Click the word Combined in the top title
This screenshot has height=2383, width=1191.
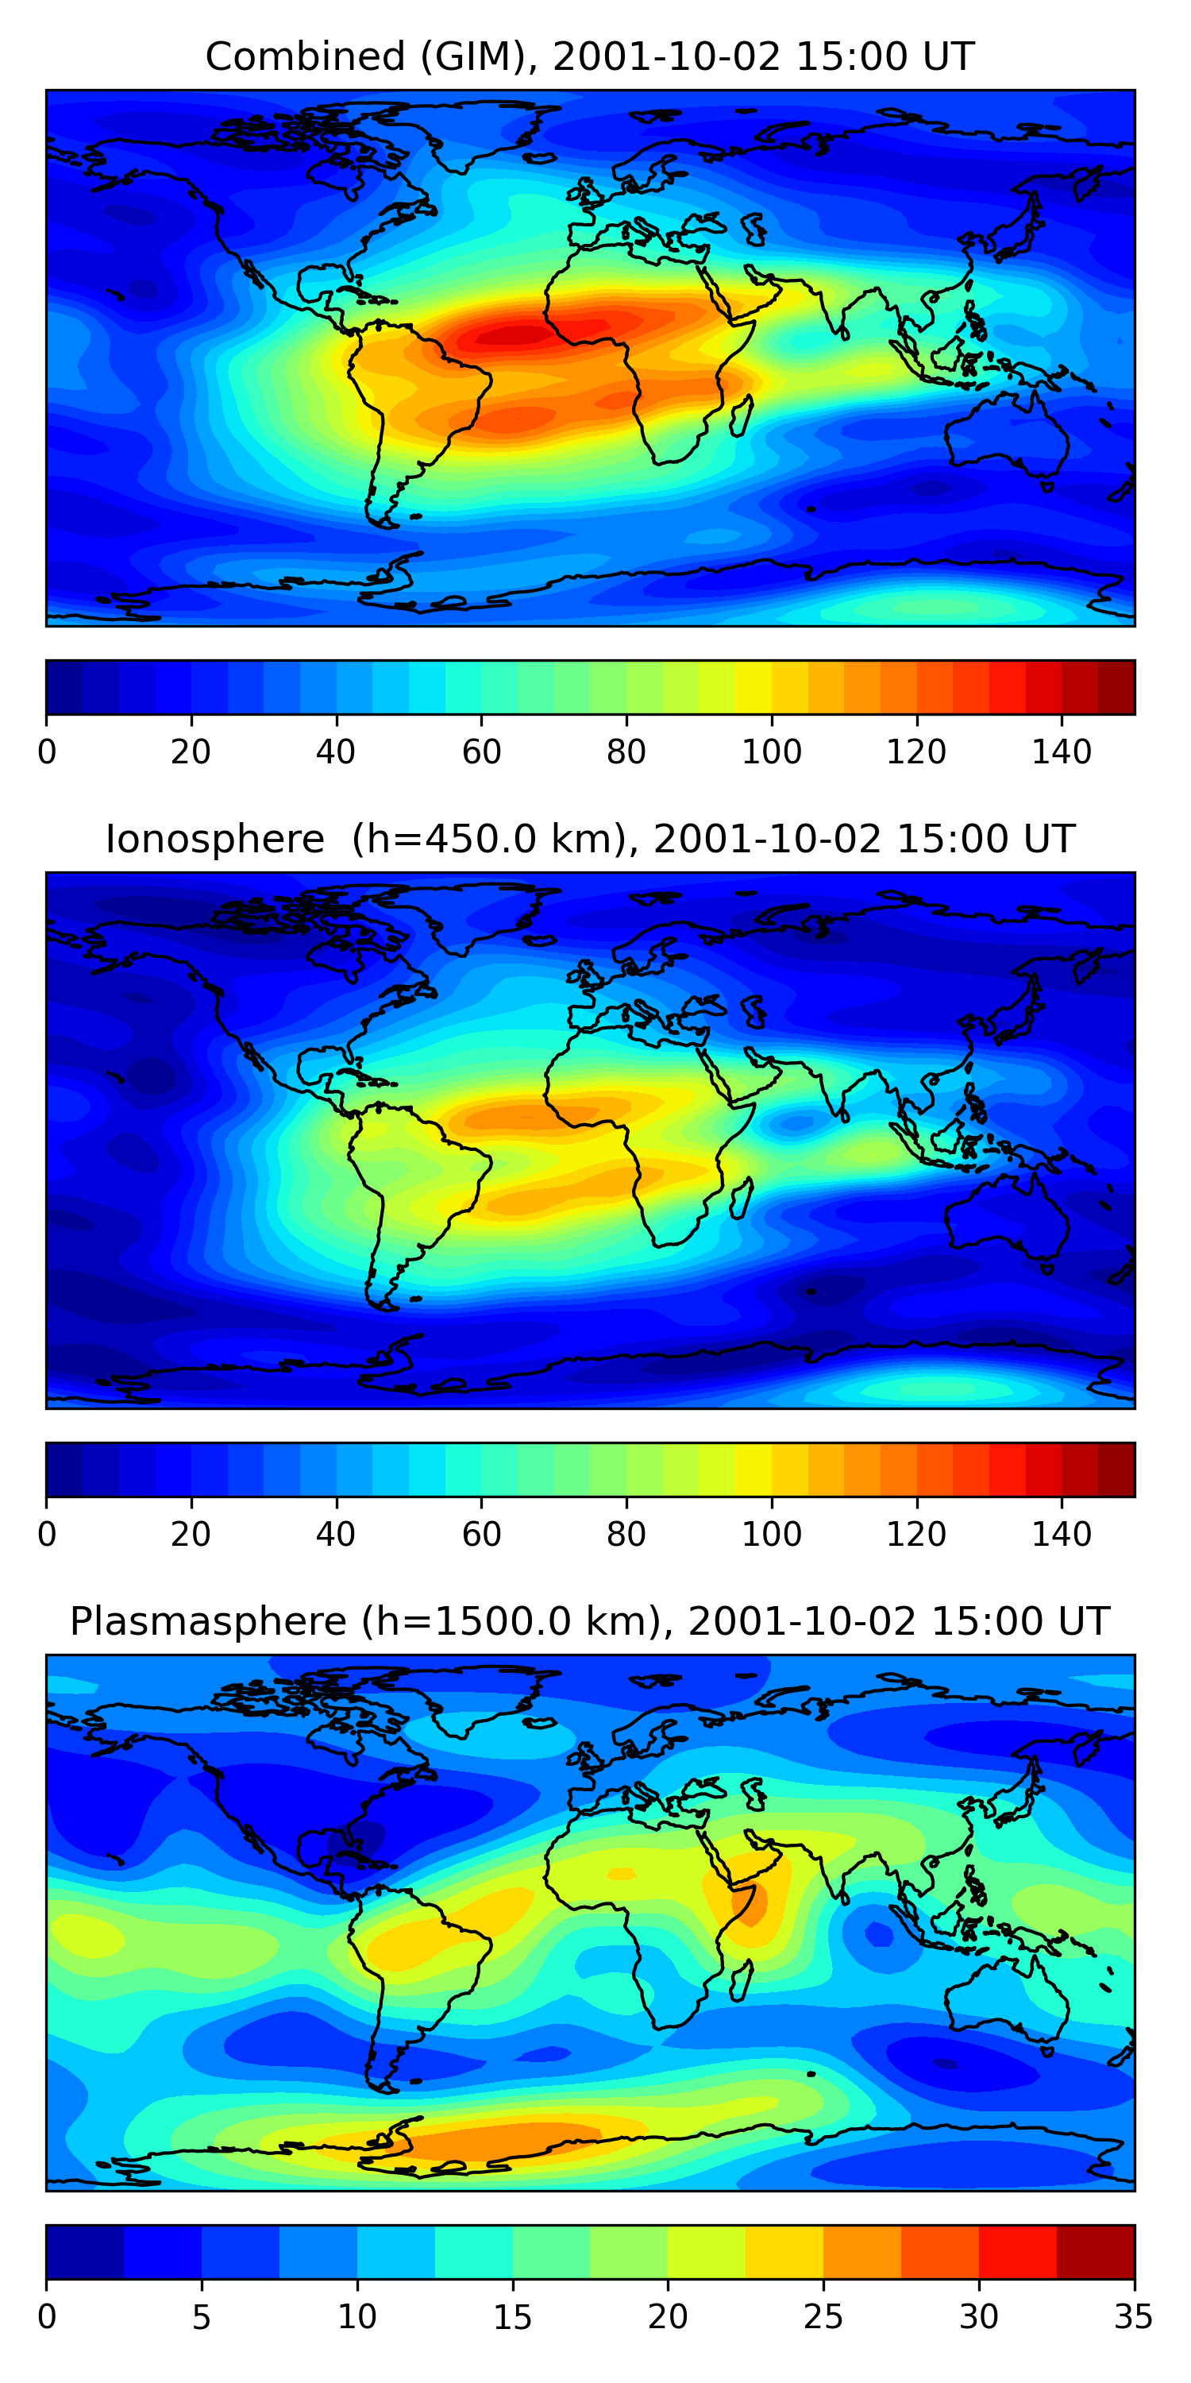pos(304,57)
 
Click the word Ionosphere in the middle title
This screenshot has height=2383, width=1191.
pos(214,839)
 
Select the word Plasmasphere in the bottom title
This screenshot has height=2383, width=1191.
pos(207,1622)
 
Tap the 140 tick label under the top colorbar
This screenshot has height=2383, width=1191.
pos(1062,752)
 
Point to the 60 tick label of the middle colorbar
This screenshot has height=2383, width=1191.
pos(481,1534)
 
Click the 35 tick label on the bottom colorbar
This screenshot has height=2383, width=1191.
pos(1134,2316)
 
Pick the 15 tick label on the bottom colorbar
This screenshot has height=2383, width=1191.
pos(512,2316)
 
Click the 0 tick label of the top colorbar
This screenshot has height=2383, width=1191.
pos(47,752)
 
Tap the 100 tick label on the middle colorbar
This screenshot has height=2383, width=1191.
pos(771,1534)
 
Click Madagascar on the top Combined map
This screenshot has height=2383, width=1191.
pos(741,415)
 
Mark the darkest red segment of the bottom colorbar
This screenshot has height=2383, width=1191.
pos(1095,2252)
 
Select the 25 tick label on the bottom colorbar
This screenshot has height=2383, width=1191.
pos(823,2316)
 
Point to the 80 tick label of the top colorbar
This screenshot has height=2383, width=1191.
pos(626,752)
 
